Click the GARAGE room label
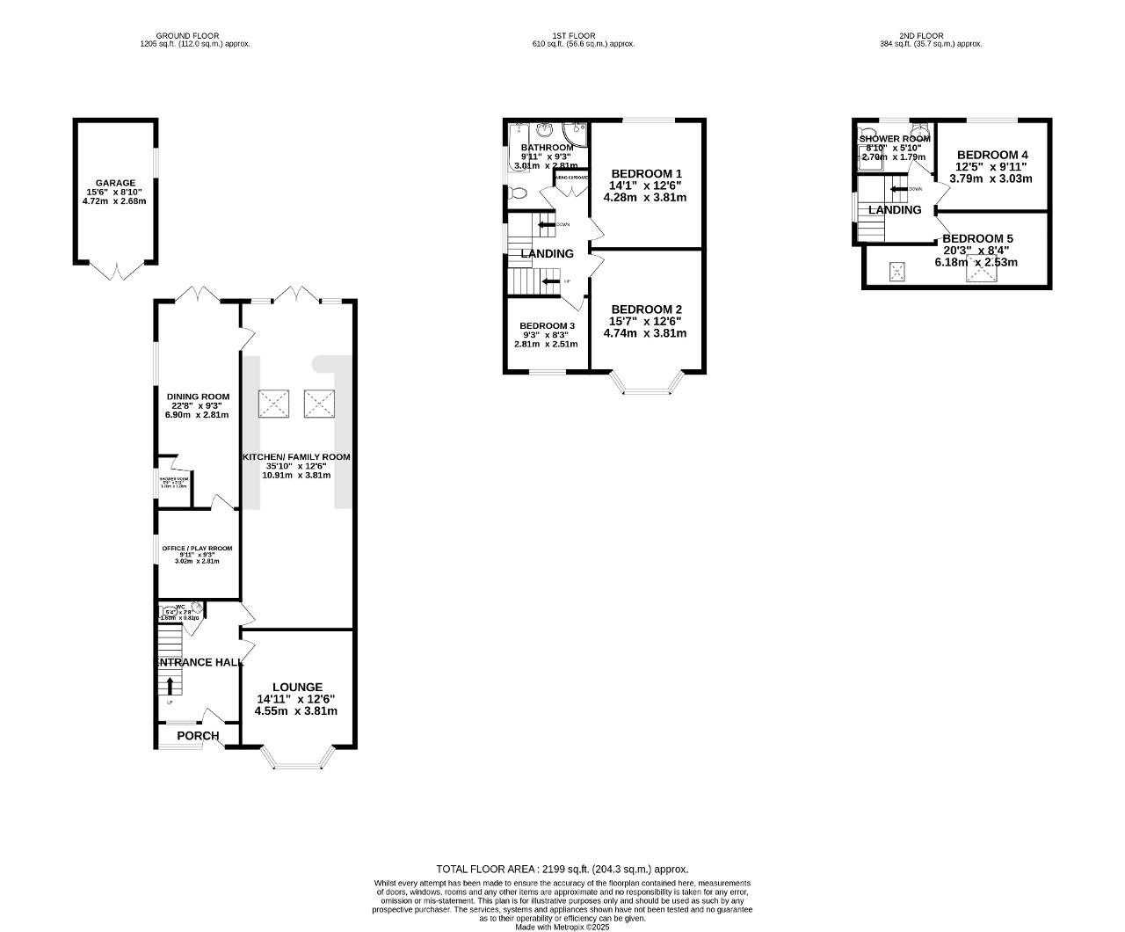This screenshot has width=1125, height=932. (115, 183)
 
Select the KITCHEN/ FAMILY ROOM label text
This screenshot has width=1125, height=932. (296, 457)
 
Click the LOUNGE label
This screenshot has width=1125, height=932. (297, 687)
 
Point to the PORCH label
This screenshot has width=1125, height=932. (198, 736)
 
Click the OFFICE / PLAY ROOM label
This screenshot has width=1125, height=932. (197, 549)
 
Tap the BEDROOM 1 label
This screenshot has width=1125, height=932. (646, 173)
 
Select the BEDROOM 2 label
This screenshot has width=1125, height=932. (646, 309)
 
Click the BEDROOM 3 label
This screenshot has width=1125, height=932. (547, 325)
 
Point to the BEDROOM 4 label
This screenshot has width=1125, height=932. (991, 155)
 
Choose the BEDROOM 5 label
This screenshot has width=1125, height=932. (977, 238)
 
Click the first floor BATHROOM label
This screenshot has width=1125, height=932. (547, 148)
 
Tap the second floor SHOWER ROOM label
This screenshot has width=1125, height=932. (894, 139)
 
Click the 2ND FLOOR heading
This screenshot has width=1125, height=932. (930, 36)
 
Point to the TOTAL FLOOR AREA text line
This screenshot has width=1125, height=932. (562, 869)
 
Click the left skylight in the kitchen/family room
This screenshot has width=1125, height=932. (273, 404)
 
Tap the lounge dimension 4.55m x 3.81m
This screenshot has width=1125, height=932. (296, 711)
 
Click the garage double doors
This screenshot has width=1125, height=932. (116, 270)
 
